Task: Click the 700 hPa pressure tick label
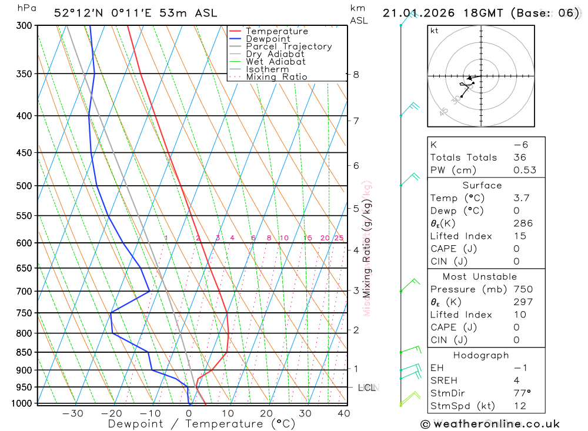tap(24, 291)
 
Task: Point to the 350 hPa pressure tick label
tap(24, 73)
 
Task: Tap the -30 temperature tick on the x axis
tap(73, 413)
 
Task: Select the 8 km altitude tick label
tap(356, 74)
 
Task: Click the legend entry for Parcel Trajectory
tap(288, 46)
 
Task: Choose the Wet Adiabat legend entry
tap(275, 62)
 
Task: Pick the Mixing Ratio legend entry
tap(276, 77)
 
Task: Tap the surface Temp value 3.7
tap(520, 198)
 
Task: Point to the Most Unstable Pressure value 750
tap(523, 289)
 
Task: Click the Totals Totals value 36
tap(520, 158)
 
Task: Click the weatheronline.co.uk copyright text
tap(490, 424)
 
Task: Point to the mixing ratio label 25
tap(339, 238)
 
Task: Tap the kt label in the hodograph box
tap(434, 31)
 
